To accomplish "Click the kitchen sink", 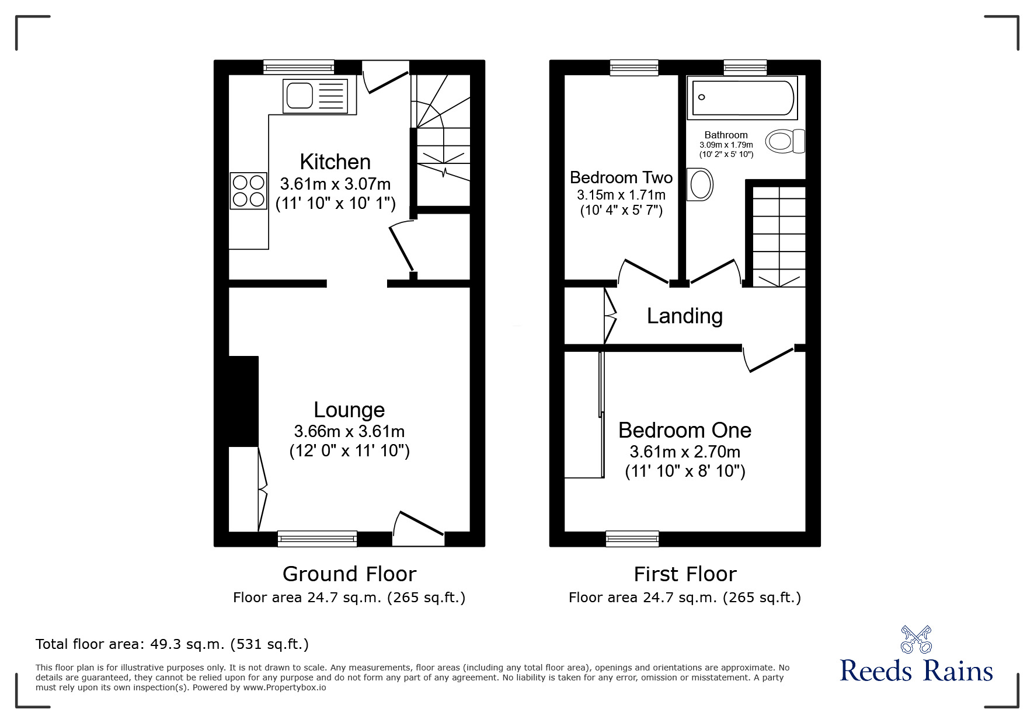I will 315,96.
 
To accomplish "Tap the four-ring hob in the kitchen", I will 249,191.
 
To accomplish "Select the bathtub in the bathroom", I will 742,98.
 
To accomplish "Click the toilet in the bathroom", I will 785,141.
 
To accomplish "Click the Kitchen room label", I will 335,162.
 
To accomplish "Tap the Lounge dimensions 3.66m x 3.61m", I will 349,431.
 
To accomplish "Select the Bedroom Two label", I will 621,177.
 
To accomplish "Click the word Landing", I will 685,316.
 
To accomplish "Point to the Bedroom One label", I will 685,430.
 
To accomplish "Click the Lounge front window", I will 317,538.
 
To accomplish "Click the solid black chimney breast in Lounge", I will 243,401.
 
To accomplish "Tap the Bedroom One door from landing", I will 769,359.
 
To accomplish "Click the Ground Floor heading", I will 349,574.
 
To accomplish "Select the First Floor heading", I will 685,574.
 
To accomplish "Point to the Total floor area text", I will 172,644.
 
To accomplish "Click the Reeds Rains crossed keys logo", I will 915,639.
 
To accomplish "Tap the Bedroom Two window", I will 634,68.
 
